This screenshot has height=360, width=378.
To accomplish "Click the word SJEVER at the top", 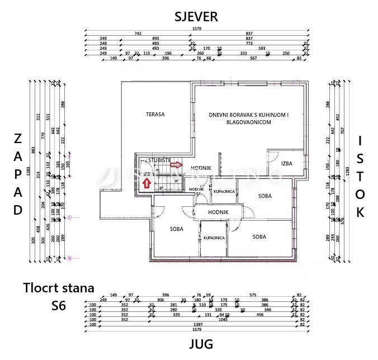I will (x=195, y=17).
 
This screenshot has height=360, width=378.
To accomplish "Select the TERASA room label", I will (x=155, y=114).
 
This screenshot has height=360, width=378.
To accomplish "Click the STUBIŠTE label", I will (x=160, y=160).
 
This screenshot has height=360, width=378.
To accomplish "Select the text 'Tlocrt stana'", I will (x=59, y=288).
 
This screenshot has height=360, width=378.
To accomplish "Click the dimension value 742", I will (x=138, y=33).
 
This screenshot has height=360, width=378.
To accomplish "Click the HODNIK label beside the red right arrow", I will (x=200, y=168).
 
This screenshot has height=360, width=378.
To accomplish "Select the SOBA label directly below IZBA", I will (x=265, y=196).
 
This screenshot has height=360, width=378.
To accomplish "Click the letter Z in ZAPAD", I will (x=18, y=138).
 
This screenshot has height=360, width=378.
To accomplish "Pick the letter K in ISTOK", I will (x=361, y=212).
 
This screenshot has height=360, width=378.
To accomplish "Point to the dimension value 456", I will (x=260, y=315).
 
